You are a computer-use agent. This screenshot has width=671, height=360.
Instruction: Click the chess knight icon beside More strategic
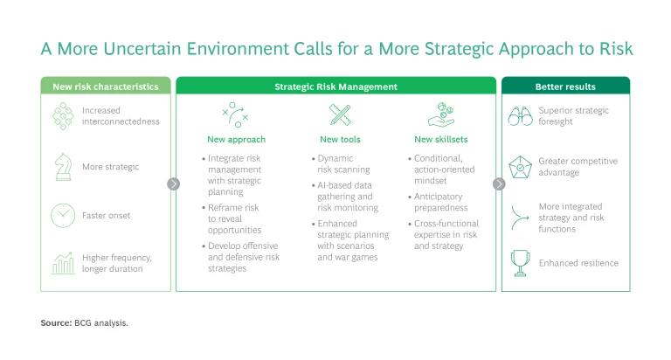(x=63, y=167)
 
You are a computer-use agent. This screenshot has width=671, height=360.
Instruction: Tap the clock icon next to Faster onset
(x=63, y=215)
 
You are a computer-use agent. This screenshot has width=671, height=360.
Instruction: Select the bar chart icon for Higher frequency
(x=63, y=263)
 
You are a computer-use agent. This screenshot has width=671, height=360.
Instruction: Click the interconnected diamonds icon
(x=63, y=116)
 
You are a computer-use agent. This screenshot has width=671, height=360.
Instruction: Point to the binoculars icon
(x=521, y=116)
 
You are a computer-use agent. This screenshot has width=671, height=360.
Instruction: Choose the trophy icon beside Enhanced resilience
(x=521, y=263)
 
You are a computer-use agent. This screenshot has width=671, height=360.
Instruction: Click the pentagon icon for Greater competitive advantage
(x=521, y=167)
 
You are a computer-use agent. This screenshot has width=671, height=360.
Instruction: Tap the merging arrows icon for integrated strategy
(x=520, y=218)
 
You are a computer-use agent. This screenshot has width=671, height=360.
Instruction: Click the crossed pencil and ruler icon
(x=340, y=114)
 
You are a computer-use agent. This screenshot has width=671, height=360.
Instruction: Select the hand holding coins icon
(x=441, y=114)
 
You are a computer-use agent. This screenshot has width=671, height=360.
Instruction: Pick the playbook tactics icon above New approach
(x=235, y=114)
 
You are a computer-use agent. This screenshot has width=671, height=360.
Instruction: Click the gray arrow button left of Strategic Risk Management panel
(x=173, y=184)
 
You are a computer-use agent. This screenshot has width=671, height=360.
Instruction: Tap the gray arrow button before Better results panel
(x=499, y=184)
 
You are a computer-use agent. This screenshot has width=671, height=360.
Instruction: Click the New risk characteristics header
(x=105, y=87)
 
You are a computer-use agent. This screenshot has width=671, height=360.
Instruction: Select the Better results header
(x=565, y=87)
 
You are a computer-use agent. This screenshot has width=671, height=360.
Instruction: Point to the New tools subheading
(x=340, y=139)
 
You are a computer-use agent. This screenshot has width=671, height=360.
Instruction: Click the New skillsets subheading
(x=440, y=139)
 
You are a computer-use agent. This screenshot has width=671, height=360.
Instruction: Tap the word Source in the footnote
(x=56, y=322)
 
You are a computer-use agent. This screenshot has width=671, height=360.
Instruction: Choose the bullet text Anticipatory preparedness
(x=440, y=202)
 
